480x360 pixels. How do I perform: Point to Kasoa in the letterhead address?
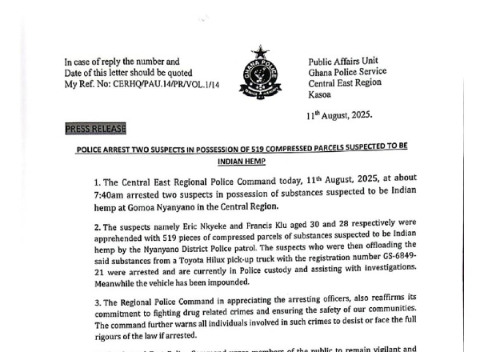click(x=322, y=98)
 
